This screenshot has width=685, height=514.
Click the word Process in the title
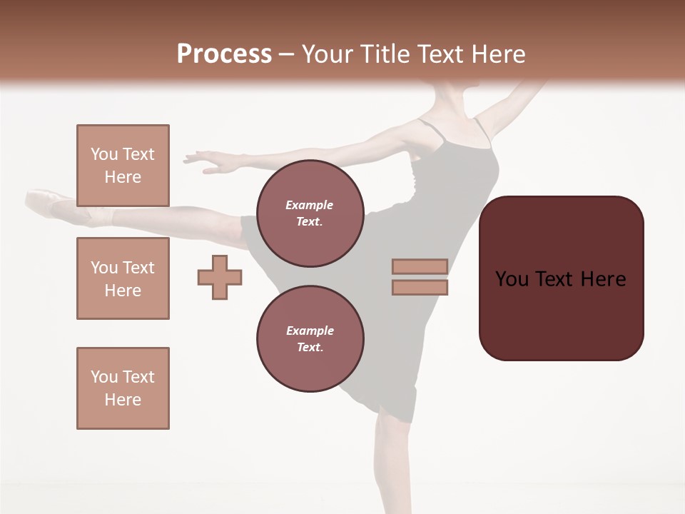point(224,54)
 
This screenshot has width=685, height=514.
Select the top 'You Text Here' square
point(123,166)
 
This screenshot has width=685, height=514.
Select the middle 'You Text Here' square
point(123,278)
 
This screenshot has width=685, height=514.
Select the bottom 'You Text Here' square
point(123,388)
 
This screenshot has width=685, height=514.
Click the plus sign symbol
point(220,277)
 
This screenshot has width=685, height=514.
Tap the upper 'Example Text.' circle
point(310,213)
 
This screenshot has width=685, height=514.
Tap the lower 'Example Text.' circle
point(310,338)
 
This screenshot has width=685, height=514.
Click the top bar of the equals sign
point(420,266)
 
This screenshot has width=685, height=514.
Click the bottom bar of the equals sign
point(420,287)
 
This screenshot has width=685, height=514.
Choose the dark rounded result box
point(561,278)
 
